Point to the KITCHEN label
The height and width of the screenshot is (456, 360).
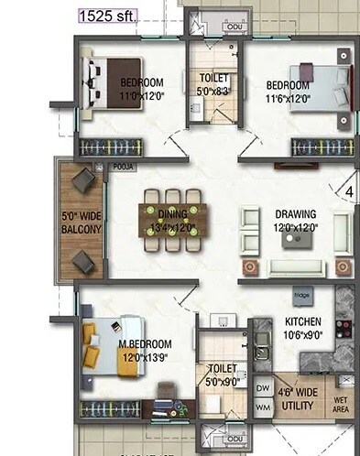tap(302, 322)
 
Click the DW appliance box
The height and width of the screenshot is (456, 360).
tap(262, 388)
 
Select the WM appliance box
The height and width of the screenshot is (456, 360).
tap(262, 407)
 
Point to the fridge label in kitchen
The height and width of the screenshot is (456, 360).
tap(301, 295)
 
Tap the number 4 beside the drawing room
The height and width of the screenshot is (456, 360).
tap(349, 192)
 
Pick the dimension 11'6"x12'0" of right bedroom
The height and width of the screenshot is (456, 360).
tap(289, 98)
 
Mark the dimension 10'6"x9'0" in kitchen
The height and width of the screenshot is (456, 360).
tap(303, 335)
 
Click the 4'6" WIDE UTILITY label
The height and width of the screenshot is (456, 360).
tap(300, 397)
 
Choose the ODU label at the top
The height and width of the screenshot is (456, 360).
tap(210, 27)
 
